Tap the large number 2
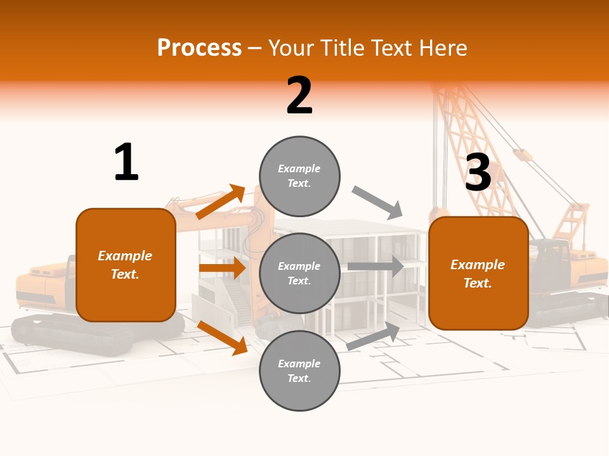pos(299,96)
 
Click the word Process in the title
pos(199,47)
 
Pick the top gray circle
pos(299,176)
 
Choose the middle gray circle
pos(299,273)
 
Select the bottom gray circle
pos(299,370)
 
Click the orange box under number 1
pos(126,265)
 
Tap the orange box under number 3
pos(478,273)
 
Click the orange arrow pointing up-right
pos(221,201)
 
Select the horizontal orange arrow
pos(222,268)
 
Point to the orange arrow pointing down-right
pos(223,338)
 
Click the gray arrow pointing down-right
pos(377,203)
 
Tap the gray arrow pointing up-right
pos(374,336)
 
